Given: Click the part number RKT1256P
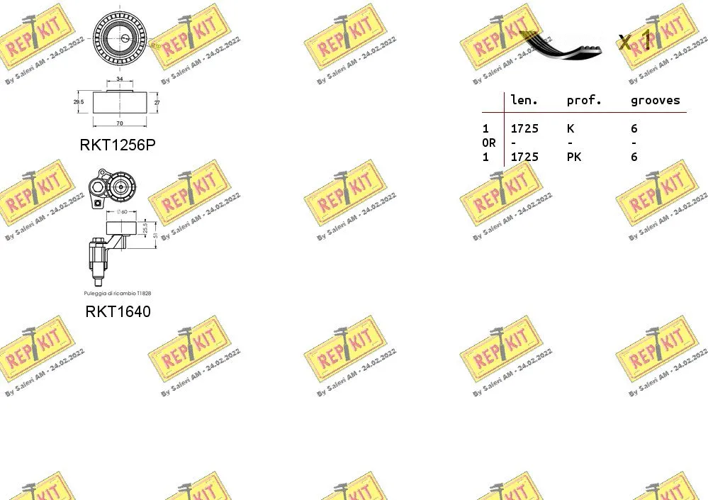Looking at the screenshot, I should pyautogui.click(x=117, y=145).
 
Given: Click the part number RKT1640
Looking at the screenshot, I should pyautogui.click(x=118, y=311).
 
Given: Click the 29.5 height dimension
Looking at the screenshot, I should pyautogui.click(x=79, y=101).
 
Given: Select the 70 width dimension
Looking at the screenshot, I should pyautogui.click(x=119, y=123).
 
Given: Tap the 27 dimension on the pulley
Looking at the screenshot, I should pyautogui.click(x=157, y=101).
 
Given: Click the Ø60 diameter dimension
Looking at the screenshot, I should pyautogui.click(x=121, y=211).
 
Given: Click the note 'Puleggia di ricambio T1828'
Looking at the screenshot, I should pyautogui.click(x=118, y=293).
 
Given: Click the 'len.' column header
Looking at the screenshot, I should pyautogui.click(x=524, y=101).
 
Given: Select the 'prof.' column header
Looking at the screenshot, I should pyautogui.click(x=584, y=101).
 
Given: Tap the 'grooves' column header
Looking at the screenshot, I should pyautogui.click(x=655, y=101).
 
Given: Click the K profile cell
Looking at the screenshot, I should pyautogui.click(x=571, y=128).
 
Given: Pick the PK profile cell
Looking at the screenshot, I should pyautogui.click(x=573, y=157).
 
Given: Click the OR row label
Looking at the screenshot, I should pyautogui.click(x=488, y=143).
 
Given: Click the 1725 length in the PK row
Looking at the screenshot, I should pyautogui.click(x=524, y=157).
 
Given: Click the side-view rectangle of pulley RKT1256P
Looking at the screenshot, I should pyautogui.click(x=119, y=101).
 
